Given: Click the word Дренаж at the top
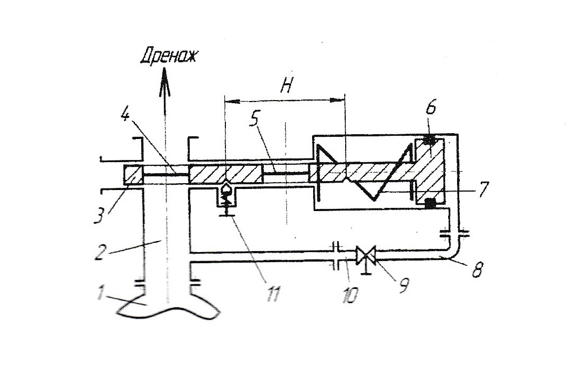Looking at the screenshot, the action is click(169, 56).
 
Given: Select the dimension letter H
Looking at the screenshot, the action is click(286, 86).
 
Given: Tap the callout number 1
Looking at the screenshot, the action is click(101, 293).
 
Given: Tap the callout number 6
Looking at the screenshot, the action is click(431, 108).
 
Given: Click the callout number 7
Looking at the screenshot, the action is click(483, 189).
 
